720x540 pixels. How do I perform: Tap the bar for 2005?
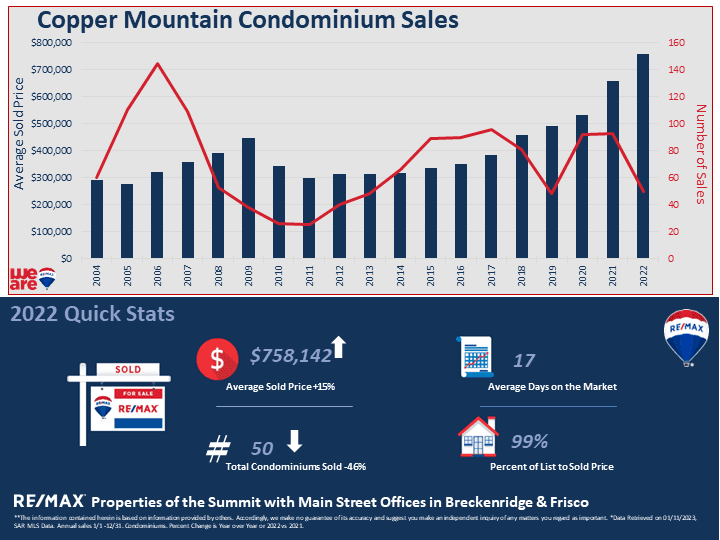tap(127, 221)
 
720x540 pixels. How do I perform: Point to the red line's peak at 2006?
tap(157, 64)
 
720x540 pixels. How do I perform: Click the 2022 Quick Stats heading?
tap(93, 314)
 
